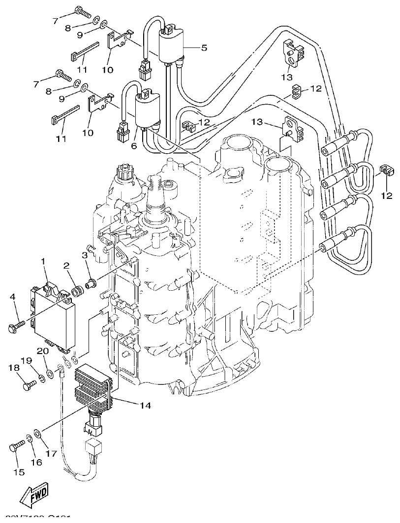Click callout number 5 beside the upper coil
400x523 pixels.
[204, 48]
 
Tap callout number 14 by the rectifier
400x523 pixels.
[145, 406]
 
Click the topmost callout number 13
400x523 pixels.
[287, 77]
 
